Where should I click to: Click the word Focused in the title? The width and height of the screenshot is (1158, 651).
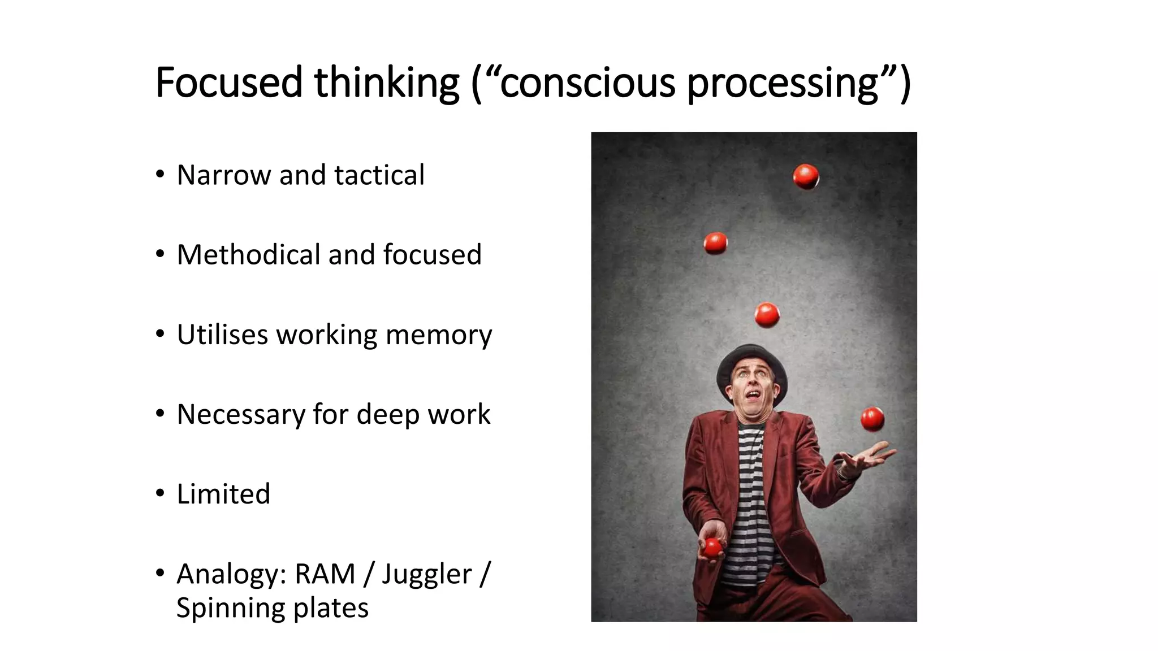coord(229,83)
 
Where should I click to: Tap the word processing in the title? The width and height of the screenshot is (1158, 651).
coord(783,83)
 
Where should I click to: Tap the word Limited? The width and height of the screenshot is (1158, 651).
coord(223,494)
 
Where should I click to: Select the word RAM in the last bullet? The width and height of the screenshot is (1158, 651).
coord(325,574)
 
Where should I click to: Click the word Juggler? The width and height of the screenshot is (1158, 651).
coord(426,574)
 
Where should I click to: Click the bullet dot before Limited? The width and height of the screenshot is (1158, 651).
coord(161,493)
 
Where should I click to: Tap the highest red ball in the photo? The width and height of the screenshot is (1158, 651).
coord(805,176)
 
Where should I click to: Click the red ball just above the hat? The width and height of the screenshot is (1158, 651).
coord(767,315)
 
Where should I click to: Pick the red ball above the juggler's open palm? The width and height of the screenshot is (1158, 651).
coord(872,419)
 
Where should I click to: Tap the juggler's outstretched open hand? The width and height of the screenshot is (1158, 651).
coord(865,458)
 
